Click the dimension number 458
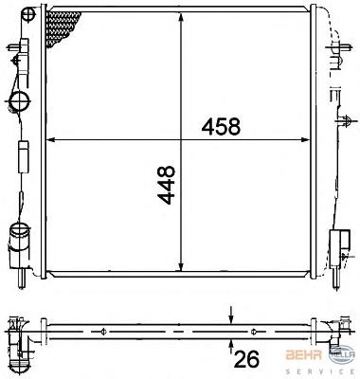[221, 126]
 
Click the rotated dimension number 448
[166, 185]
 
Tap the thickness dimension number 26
[246, 358]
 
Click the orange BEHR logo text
[304, 355]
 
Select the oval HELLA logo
[342, 355]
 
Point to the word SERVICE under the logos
[320, 371]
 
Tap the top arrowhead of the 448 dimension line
[181, 17]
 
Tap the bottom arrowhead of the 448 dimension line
[181, 266]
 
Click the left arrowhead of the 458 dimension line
[51, 139]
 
